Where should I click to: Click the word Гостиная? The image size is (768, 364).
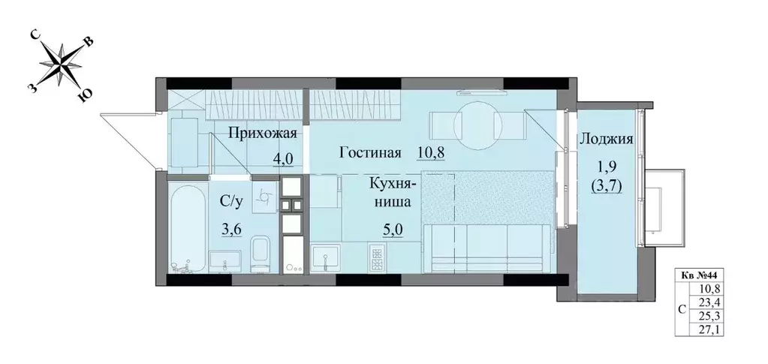pyautogui.click(x=368, y=152)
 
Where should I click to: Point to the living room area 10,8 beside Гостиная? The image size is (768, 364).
pyautogui.click(x=431, y=152)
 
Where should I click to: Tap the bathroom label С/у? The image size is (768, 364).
pyautogui.click(x=230, y=200)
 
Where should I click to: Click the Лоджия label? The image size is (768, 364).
pyautogui.click(x=607, y=139)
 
